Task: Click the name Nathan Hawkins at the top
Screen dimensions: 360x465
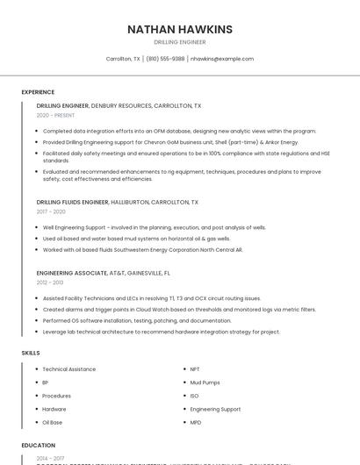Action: pyautogui.click(x=180, y=29)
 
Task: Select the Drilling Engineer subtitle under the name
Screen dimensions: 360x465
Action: pyautogui.click(x=180, y=42)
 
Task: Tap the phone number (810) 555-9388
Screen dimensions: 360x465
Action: pyautogui.click(x=165, y=59)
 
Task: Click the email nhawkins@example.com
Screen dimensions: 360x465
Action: pyautogui.click(x=222, y=59)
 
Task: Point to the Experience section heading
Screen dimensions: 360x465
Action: pyautogui.click(x=38, y=92)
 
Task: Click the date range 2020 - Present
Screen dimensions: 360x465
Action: pyautogui.click(x=55, y=115)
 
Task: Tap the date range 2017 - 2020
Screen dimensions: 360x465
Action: pyautogui.click(x=51, y=211)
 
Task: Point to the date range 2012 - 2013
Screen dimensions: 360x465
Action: pyautogui.click(x=50, y=283)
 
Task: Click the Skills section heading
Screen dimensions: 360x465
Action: pyautogui.click(x=30, y=353)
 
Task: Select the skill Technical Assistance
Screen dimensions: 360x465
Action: pyautogui.click(x=69, y=369)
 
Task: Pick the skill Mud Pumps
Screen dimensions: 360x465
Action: pyautogui.click(x=205, y=383)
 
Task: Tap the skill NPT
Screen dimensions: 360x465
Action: pyautogui.click(x=195, y=369)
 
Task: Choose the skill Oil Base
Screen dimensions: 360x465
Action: pyautogui.click(x=52, y=422)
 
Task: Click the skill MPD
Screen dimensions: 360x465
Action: pyautogui.click(x=196, y=422)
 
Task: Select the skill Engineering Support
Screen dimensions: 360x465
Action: pyautogui.click(x=215, y=409)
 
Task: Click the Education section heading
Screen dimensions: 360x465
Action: pyautogui.click(x=38, y=446)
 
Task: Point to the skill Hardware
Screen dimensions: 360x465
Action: pyautogui.click(x=54, y=409)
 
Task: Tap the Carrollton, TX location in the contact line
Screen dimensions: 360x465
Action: pyautogui.click(x=123, y=59)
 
